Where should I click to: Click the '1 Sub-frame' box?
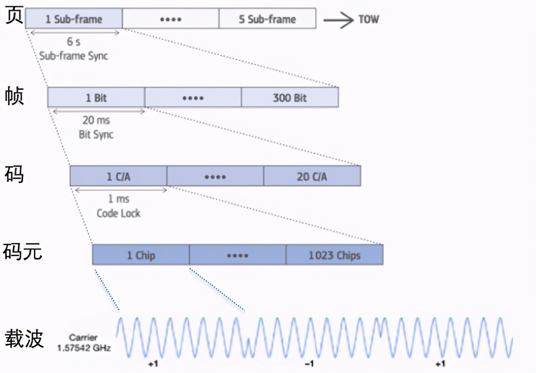tap(74, 19)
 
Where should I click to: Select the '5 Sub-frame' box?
tap(267, 19)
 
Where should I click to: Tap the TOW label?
tap(368, 19)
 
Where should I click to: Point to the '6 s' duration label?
tap(74, 42)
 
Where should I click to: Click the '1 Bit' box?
tap(96, 98)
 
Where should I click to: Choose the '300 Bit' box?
tap(290, 98)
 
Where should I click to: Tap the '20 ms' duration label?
tap(96, 120)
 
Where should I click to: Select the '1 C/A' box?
tap(118, 176)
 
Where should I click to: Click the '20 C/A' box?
tap(312, 176)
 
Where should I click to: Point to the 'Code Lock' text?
tap(118, 213)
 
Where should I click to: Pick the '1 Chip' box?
tap(141, 255)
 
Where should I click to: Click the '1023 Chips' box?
tap(334, 255)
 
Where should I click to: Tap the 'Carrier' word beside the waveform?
tap(83, 337)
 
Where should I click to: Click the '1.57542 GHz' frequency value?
tap(84, 348)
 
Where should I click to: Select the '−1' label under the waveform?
tap(309, 363)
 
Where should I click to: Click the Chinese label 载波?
tap(24, 339)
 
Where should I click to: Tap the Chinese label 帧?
tap(14, 96)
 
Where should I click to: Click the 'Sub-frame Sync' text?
tap(74, 56)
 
